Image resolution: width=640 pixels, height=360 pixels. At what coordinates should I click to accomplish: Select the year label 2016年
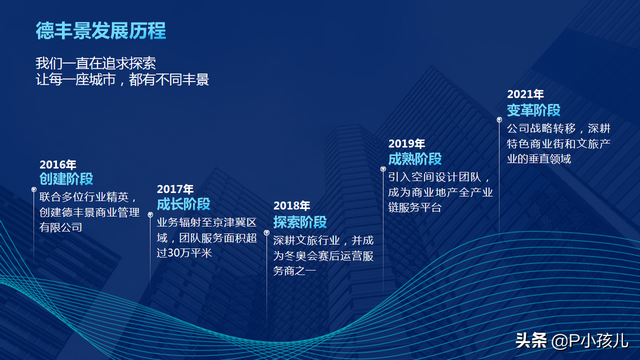pos(58,164)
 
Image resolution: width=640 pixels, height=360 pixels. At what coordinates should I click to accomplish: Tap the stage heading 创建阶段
pos(67,179)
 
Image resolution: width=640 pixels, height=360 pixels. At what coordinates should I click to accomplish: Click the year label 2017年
pos(175,188)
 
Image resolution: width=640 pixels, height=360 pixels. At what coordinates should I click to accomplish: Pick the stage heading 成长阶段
pos(184,203)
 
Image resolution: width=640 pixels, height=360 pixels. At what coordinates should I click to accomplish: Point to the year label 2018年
pos(291,206)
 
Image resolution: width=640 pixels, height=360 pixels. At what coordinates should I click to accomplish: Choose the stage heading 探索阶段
pos(300,222)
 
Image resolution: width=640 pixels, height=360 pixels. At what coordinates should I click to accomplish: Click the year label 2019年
pos(407,144)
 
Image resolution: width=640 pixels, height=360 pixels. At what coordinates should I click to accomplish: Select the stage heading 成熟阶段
pos(415,159)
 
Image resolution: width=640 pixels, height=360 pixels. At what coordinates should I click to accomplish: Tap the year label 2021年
pos(525,95)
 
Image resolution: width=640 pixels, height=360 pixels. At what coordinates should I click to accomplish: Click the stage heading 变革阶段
pos(534,110)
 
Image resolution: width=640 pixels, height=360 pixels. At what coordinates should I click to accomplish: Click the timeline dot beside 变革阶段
pos(499,119)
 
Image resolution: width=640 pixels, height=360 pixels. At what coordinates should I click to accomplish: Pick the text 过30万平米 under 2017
pos(185,254)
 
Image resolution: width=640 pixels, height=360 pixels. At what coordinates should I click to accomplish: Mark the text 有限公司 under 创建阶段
pos(61,229)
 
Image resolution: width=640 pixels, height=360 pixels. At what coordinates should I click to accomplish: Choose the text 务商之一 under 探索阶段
pos(296,272)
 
